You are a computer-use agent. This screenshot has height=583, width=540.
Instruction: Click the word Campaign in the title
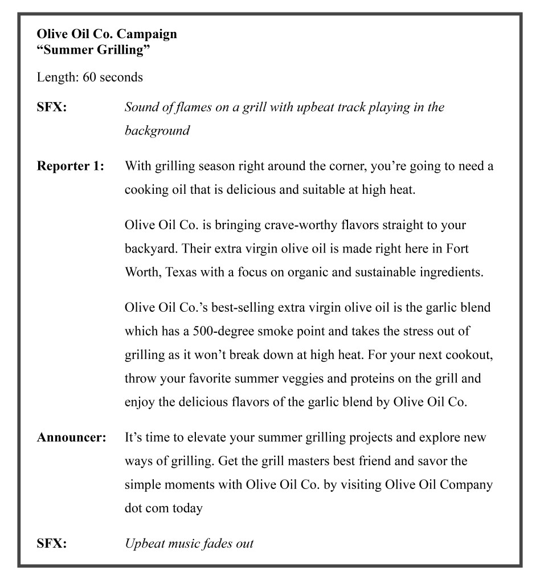147,34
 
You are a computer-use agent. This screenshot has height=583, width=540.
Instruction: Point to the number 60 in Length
89,78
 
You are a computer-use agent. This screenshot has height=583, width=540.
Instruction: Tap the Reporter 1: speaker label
71,166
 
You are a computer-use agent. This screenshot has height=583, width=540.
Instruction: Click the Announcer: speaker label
72,438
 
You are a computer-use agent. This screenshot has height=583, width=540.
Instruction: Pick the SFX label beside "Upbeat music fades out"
52,543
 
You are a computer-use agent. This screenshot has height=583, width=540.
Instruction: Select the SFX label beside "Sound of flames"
52,107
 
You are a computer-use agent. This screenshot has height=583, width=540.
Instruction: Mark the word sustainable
382,272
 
